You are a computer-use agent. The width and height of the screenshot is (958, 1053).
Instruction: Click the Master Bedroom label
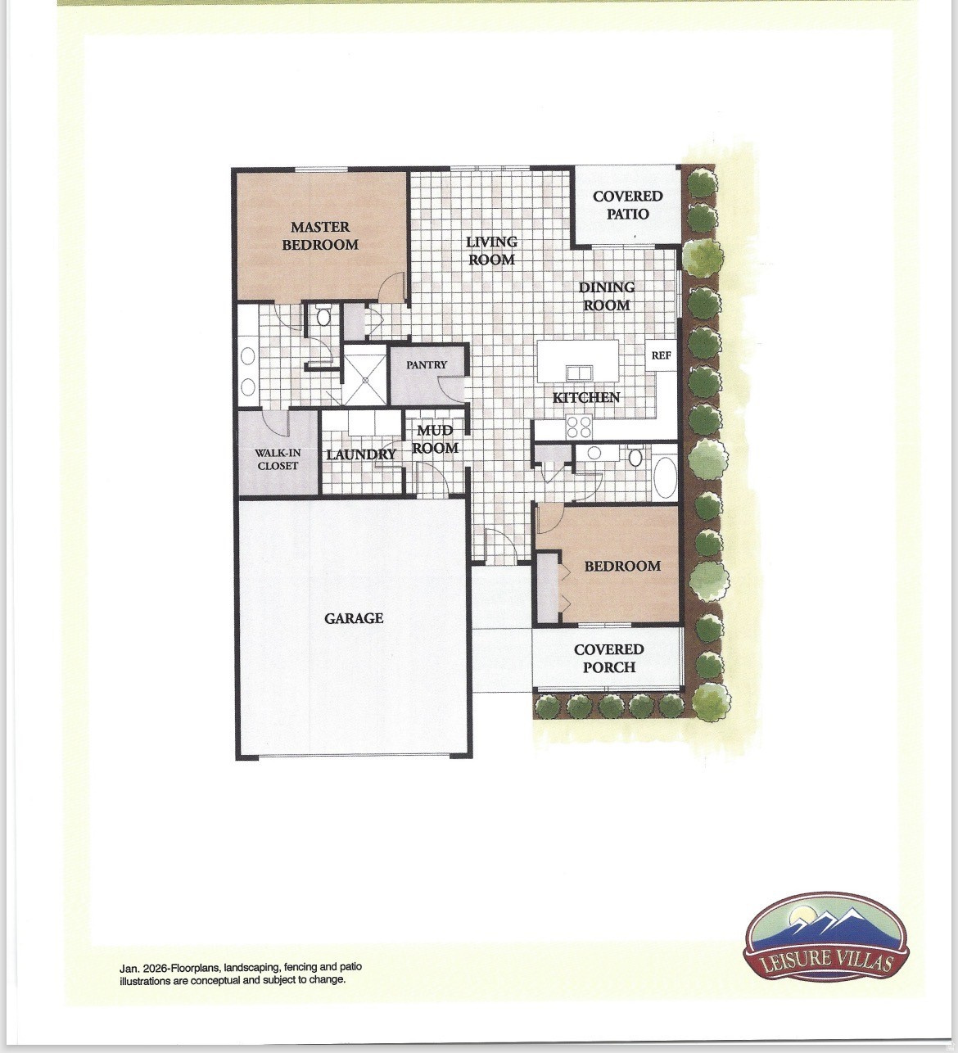(x=320, y=236)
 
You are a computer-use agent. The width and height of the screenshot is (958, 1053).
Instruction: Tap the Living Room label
(x=491, y=251)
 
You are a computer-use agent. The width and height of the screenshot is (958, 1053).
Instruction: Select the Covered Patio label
(x=627, y=205)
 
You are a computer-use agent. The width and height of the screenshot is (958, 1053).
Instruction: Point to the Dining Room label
(x=606, y=296)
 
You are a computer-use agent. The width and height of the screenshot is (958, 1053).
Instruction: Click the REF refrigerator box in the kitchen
(x=661, y=356)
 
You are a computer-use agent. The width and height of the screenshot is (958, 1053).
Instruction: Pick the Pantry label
(x=427, y=365)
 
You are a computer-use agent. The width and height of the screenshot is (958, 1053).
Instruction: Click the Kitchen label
(x=586, y=398)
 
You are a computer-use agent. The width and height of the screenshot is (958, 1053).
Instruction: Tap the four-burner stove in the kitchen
(x=580, y=427)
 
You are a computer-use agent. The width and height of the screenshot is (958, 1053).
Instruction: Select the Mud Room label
(x=435, y=440)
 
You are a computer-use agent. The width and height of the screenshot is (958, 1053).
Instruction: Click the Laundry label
(x=361, y=454)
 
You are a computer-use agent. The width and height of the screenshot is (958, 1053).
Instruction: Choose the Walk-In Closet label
(x=278, y=459)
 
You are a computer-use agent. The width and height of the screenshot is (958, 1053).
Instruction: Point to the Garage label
(x=354, y=618)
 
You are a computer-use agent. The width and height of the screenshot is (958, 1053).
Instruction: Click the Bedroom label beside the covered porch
(x=621, y=566)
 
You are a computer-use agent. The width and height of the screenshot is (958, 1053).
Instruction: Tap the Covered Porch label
(x=608, y=658)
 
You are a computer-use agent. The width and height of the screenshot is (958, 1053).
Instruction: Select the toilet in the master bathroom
(x=323, y=316)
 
